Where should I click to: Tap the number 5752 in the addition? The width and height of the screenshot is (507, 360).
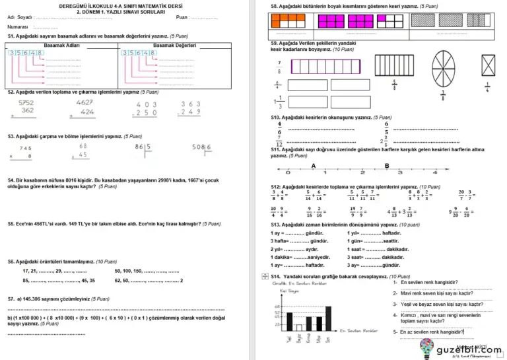coord(26,103)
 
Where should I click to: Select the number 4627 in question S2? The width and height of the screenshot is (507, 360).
coord(84,102)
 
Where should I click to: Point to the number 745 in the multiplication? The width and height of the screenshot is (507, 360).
coord(26,148)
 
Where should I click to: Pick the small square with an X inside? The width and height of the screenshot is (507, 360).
coord(489,66)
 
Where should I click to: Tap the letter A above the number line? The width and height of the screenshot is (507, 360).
coord(313,165)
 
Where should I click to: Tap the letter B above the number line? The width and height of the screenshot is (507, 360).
coord(387,165)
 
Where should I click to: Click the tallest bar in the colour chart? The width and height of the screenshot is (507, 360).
coord(328,317)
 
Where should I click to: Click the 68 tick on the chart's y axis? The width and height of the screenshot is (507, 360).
coord(279,306)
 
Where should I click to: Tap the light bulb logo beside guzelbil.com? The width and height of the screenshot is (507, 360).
coord(426,345)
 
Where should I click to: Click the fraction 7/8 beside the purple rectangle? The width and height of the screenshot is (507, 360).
coord(279,67)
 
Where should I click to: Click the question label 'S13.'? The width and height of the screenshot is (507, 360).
coord(276,225)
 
